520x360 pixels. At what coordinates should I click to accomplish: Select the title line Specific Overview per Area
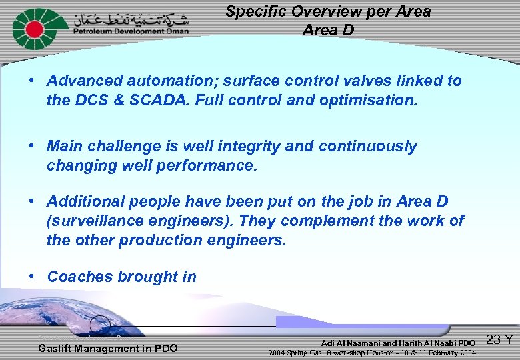coord(327,11)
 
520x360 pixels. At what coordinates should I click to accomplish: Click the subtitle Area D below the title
coord(327,30)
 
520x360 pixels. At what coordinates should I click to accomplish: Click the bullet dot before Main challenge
coord(31,146)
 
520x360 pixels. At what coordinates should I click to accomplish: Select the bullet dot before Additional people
coord(31,201)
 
